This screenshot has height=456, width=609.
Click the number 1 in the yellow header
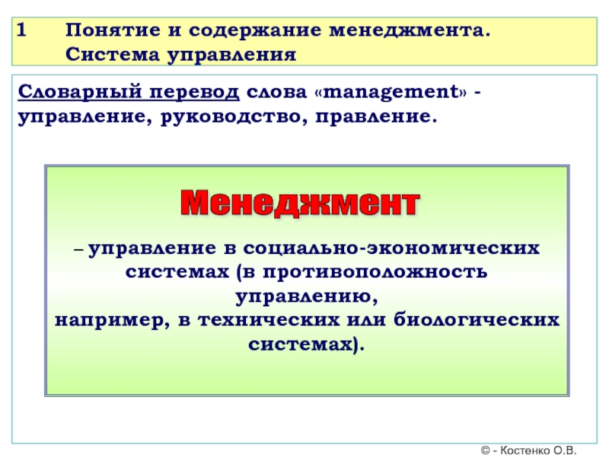22,30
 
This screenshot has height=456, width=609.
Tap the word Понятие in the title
113,30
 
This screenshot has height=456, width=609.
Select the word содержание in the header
255,30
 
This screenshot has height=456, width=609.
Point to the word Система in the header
113,54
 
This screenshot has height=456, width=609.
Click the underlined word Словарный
80,92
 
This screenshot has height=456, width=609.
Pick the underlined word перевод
194,93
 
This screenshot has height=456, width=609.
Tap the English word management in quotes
391,92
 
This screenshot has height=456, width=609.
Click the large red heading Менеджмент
300,203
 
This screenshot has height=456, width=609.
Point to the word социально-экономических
391,249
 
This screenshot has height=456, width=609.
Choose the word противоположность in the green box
375,272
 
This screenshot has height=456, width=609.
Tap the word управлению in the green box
307,297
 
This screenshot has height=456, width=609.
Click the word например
113,321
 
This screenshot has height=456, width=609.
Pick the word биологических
477,320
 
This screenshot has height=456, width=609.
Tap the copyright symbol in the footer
486,450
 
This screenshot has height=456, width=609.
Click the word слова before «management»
276,93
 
